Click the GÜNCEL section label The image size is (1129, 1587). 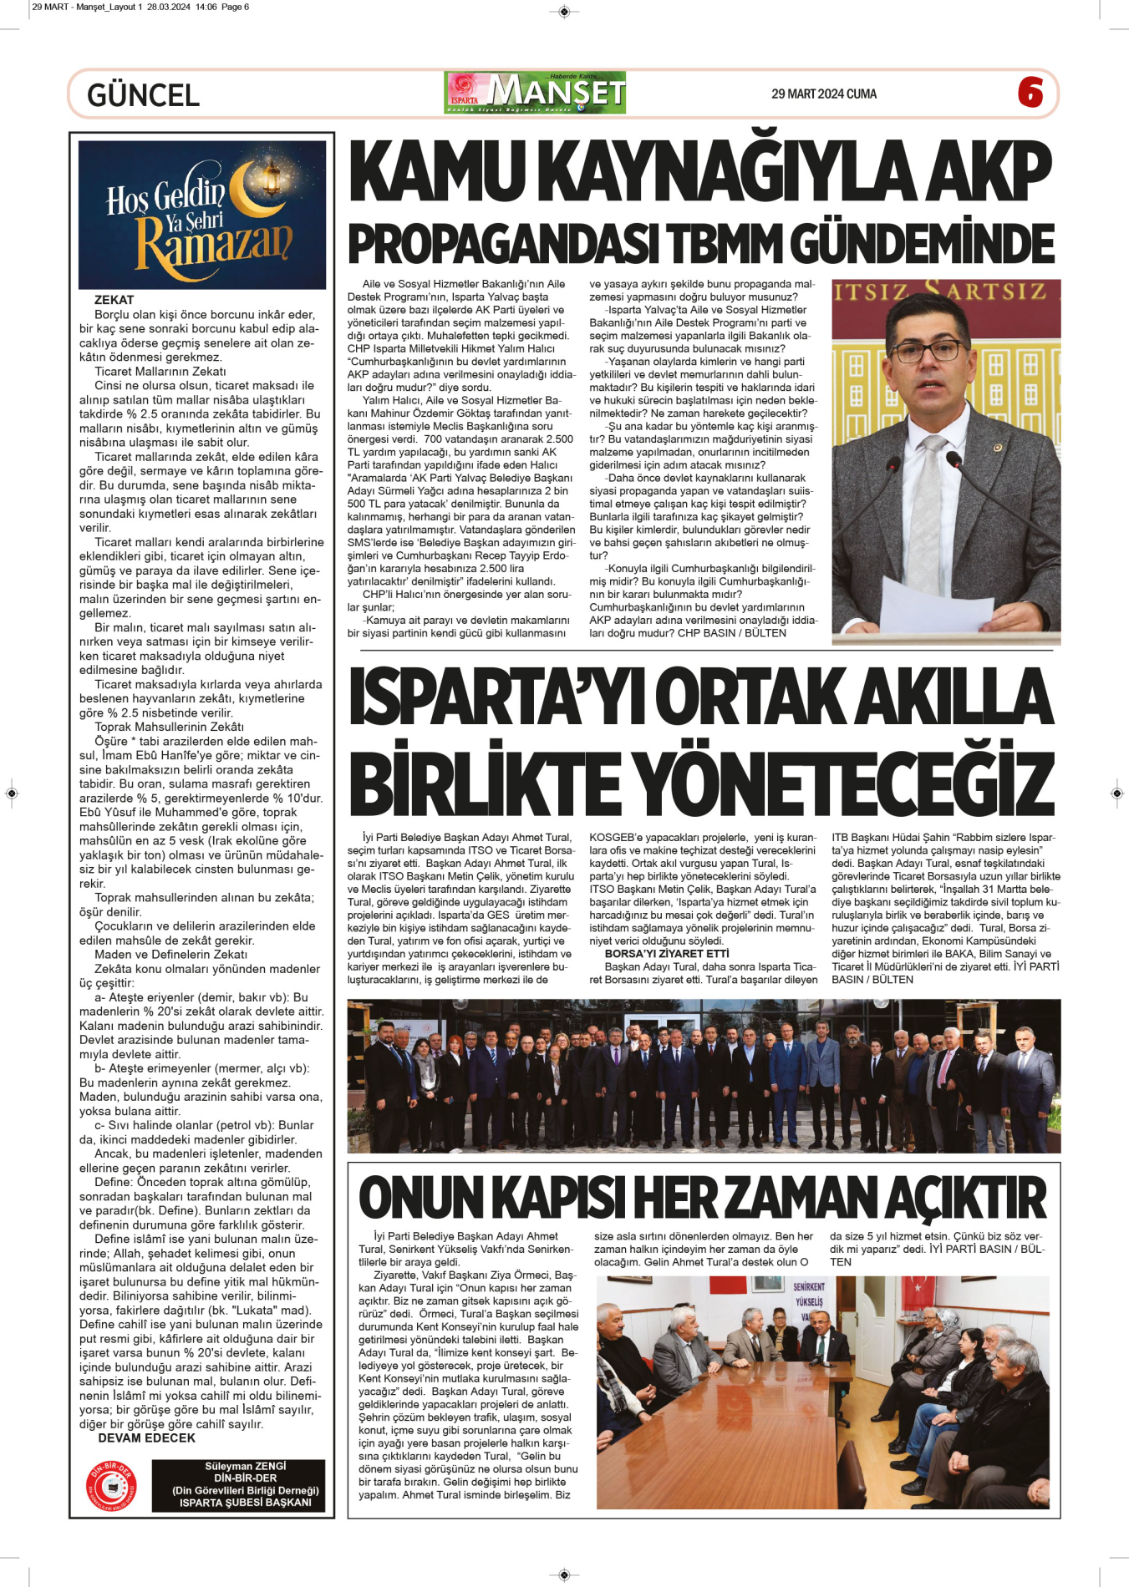pyautogui.click(x=143, y=95)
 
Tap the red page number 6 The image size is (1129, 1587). pyautogui.click(x=1030, y=93)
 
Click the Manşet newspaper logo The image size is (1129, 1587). pyautogui.click(x=535, y=93)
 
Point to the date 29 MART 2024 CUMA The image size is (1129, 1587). pyautogui.click(x=823, y=94)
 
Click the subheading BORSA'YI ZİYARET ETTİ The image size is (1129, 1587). pyautogui.click(x=666, y=954)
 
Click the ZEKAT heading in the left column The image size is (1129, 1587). pyautogui.click(x=114, y=300)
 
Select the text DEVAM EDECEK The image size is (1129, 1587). pyautogui.click(x=146, y=1438)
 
